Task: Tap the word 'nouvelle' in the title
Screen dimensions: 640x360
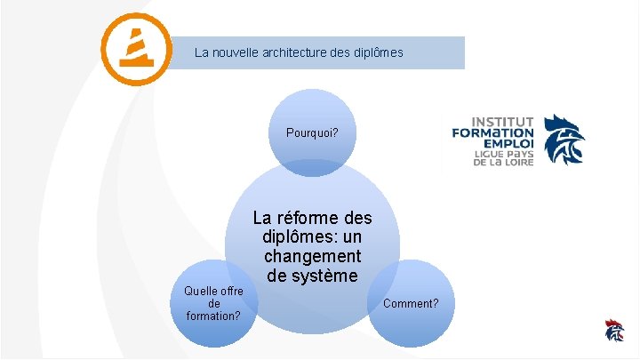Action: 235,52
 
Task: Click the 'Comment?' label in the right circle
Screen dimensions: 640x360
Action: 411,303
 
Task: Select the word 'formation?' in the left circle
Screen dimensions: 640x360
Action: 214,316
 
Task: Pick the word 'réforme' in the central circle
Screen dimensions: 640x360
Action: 308,218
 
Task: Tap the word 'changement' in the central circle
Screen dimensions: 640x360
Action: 312,257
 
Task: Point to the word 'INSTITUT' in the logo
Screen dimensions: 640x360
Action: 502,122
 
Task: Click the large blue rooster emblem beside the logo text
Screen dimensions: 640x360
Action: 564,140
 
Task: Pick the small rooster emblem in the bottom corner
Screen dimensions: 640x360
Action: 613,330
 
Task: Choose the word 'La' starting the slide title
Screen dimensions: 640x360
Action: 202,52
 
